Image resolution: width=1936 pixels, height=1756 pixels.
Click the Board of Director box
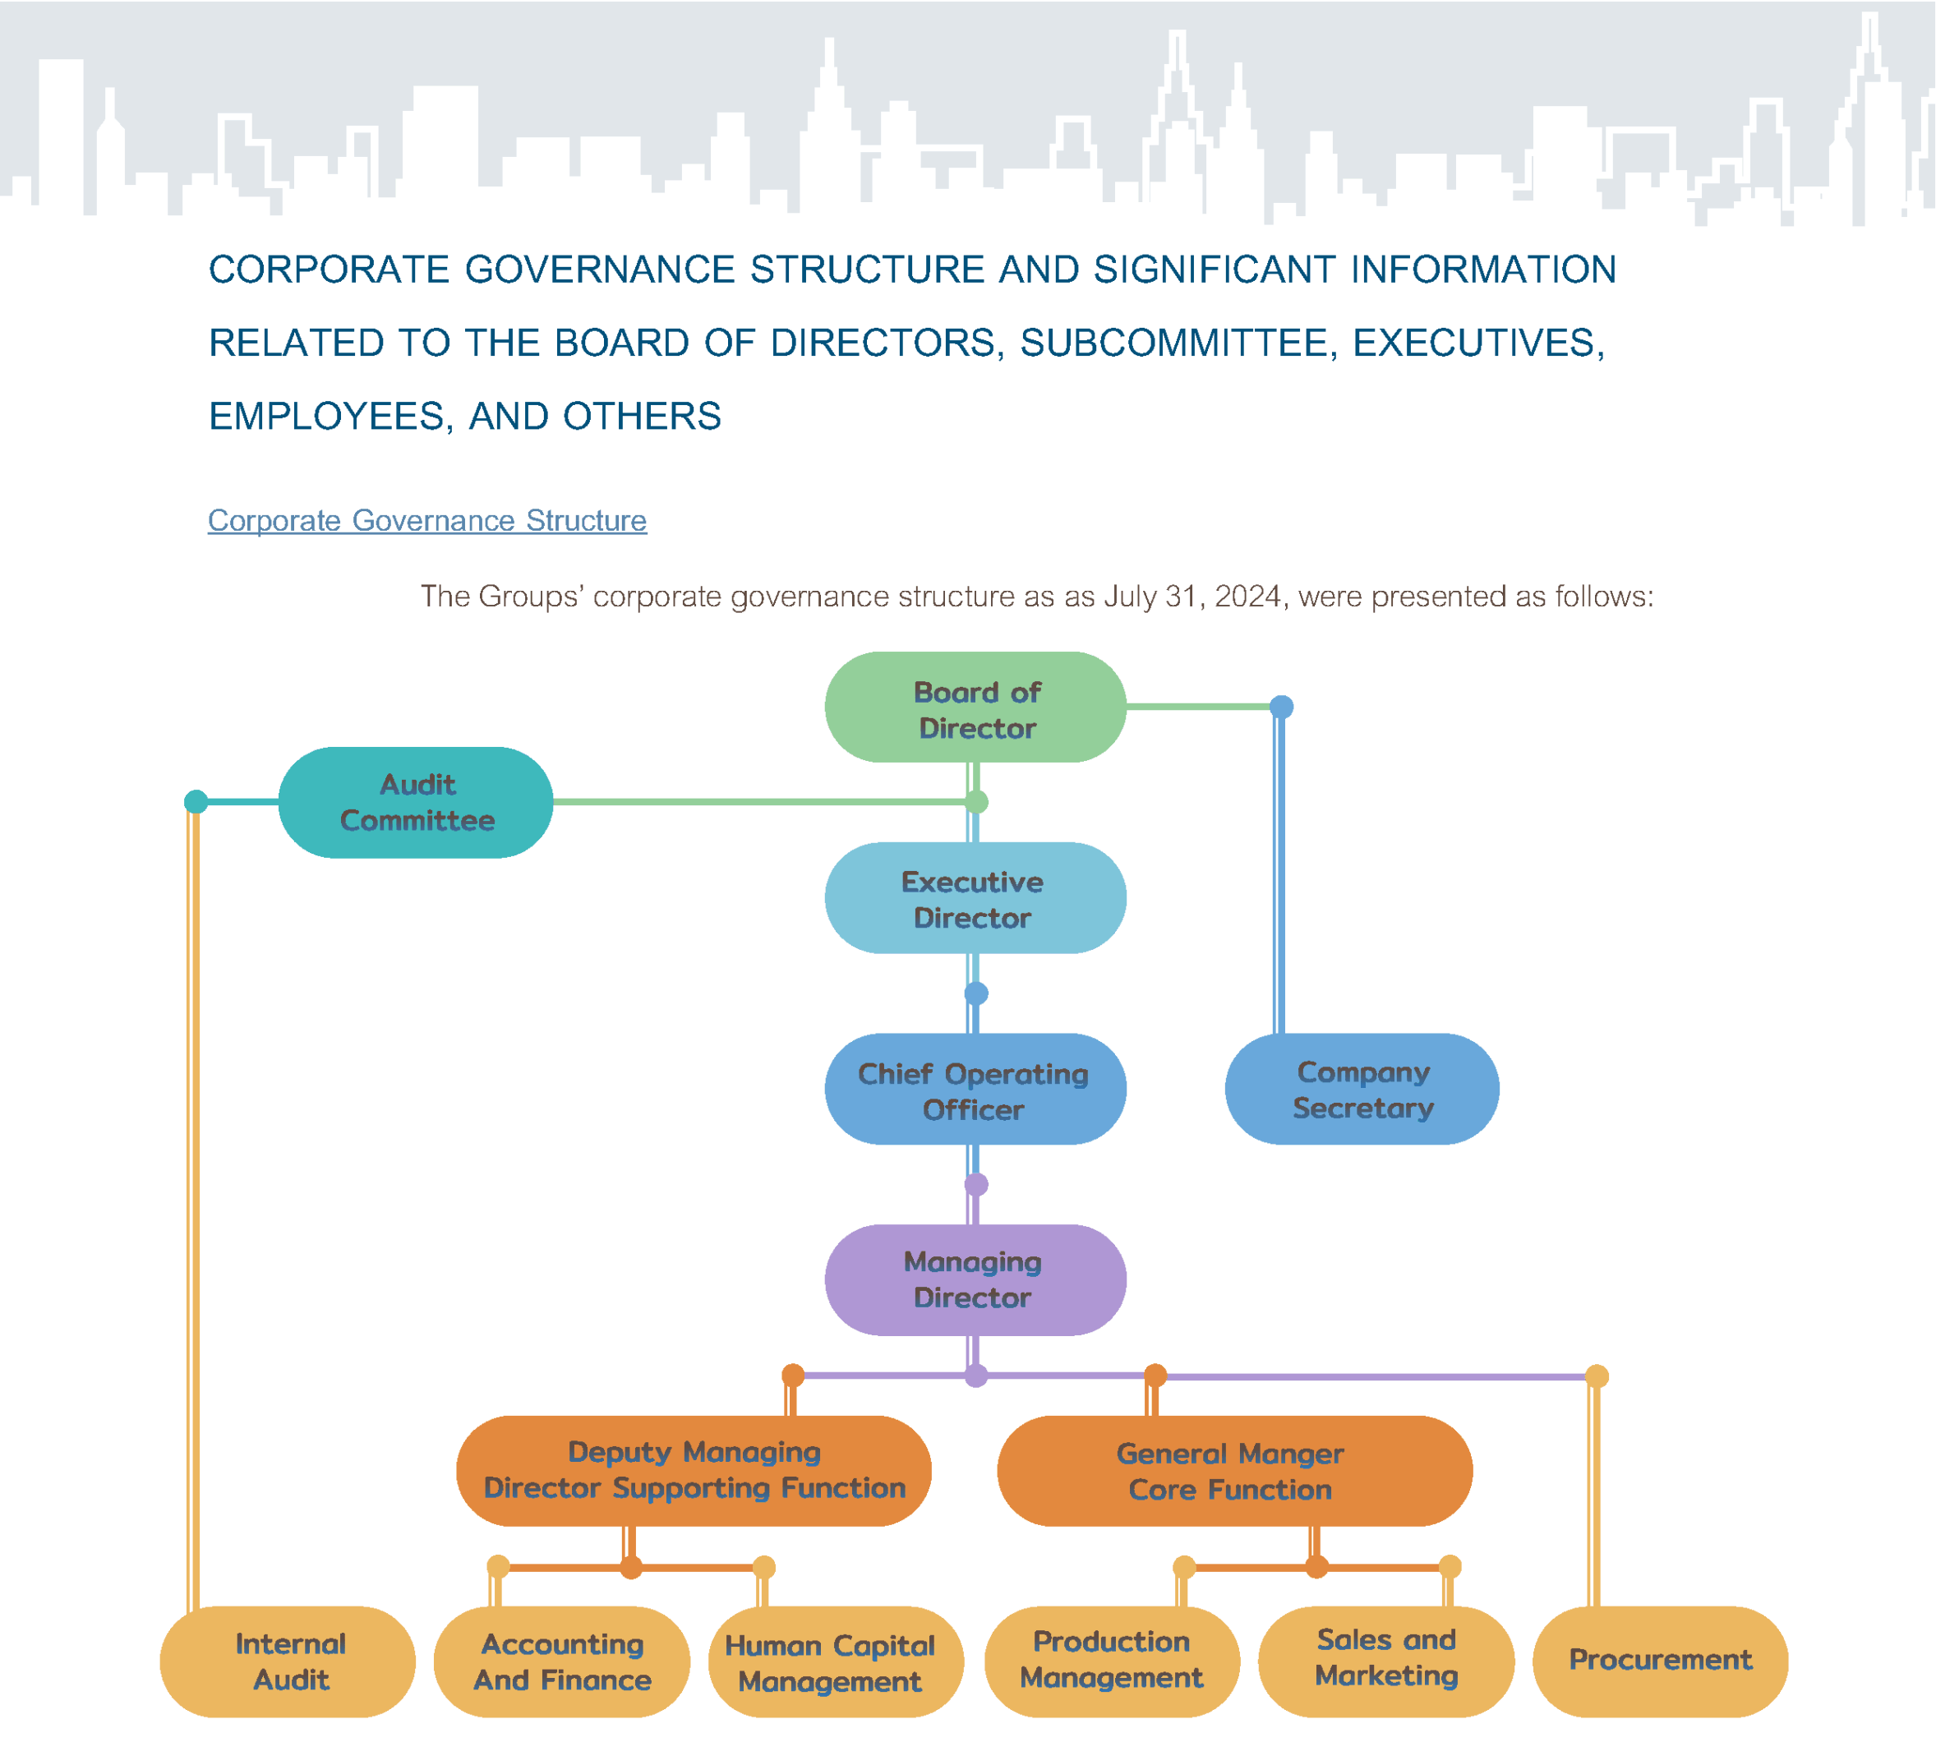coord(975,707)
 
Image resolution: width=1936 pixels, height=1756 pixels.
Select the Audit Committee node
coord(416,802)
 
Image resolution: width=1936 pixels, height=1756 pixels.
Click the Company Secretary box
coord(1362,1089)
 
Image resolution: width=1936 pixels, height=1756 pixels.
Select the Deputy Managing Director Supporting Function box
coord(694,1470)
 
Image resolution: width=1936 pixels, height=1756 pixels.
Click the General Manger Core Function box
coord(1234,1470)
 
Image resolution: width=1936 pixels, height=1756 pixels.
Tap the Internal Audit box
coord(288,1661)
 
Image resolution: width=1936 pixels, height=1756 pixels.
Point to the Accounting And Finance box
coord(562,1661)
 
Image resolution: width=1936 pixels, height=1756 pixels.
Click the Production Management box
coord(1112,1661)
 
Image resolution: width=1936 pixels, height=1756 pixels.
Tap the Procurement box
coord(1659,1661)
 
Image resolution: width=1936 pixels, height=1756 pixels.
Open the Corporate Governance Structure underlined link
coord(427,520)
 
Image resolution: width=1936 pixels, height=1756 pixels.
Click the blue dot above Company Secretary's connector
coord(1281,707)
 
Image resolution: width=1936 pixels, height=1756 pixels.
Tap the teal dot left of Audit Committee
coord(196,802)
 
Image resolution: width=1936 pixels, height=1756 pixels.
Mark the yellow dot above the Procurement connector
coord(1596,1376)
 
